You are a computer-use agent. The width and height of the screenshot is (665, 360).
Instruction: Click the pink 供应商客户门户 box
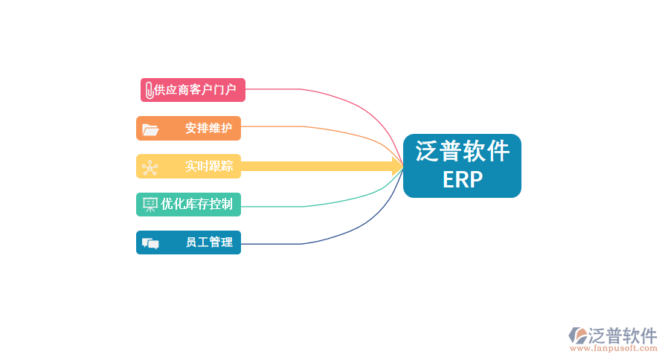[x=193, y=90]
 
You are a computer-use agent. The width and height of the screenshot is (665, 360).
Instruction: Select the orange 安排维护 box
[x=188, y=128]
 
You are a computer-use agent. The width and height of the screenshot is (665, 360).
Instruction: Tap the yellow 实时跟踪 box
[x=188, y=166]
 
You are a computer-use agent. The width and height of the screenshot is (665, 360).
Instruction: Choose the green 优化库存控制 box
[x=188, y=204]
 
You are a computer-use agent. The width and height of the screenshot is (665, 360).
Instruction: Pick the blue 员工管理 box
[x=188, y=242]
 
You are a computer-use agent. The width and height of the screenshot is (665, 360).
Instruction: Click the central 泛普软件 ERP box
[x=462, y=165]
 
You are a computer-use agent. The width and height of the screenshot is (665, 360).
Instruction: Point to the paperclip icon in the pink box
[x=149, y=90]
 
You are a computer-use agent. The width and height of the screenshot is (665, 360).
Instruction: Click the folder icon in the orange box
[x=150, y=129]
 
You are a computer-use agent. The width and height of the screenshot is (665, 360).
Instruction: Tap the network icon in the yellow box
[x=150, y=167]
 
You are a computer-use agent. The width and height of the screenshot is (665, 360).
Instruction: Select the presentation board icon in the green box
[x=150, y=204]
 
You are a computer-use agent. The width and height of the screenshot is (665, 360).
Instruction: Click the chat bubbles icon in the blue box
[x=150, y=242]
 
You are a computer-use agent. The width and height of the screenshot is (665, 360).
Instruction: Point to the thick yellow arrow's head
[x=397, y=166]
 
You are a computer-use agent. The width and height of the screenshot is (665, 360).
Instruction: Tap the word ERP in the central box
[x=462, y=180]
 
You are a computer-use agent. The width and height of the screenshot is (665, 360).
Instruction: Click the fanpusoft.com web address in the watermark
[x=613, y=347]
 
